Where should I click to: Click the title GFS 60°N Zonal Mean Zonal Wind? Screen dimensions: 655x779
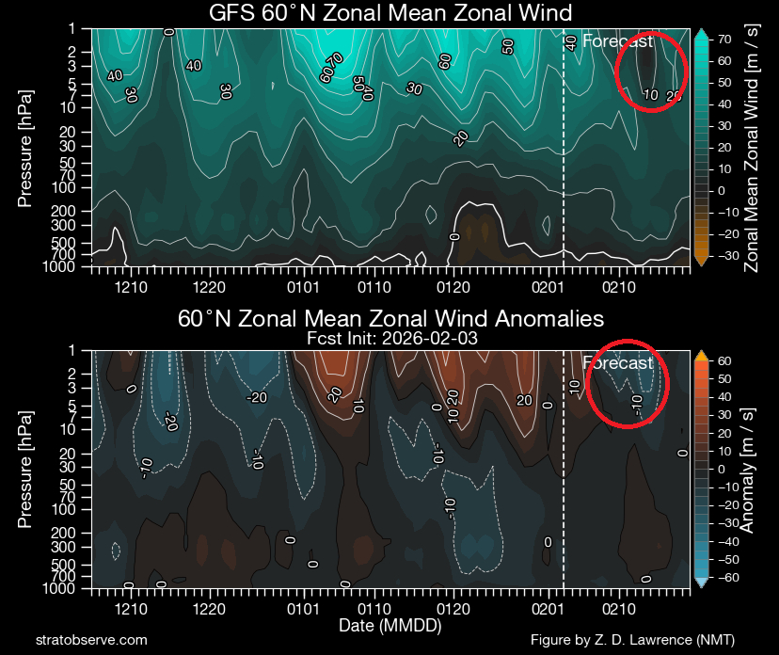coord(390,12)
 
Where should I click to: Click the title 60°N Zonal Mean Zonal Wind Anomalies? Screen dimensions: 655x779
coord(390,318)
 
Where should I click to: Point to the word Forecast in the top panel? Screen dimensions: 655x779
coord(617,40)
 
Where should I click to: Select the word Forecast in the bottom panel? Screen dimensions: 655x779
coord(617,363)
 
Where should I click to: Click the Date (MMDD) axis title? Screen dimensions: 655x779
coord(389,625)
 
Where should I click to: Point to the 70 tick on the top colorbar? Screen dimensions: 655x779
coord(726,40)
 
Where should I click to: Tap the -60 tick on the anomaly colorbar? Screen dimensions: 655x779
coord(727,576)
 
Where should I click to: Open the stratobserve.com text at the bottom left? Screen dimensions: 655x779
coord(90,640)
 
